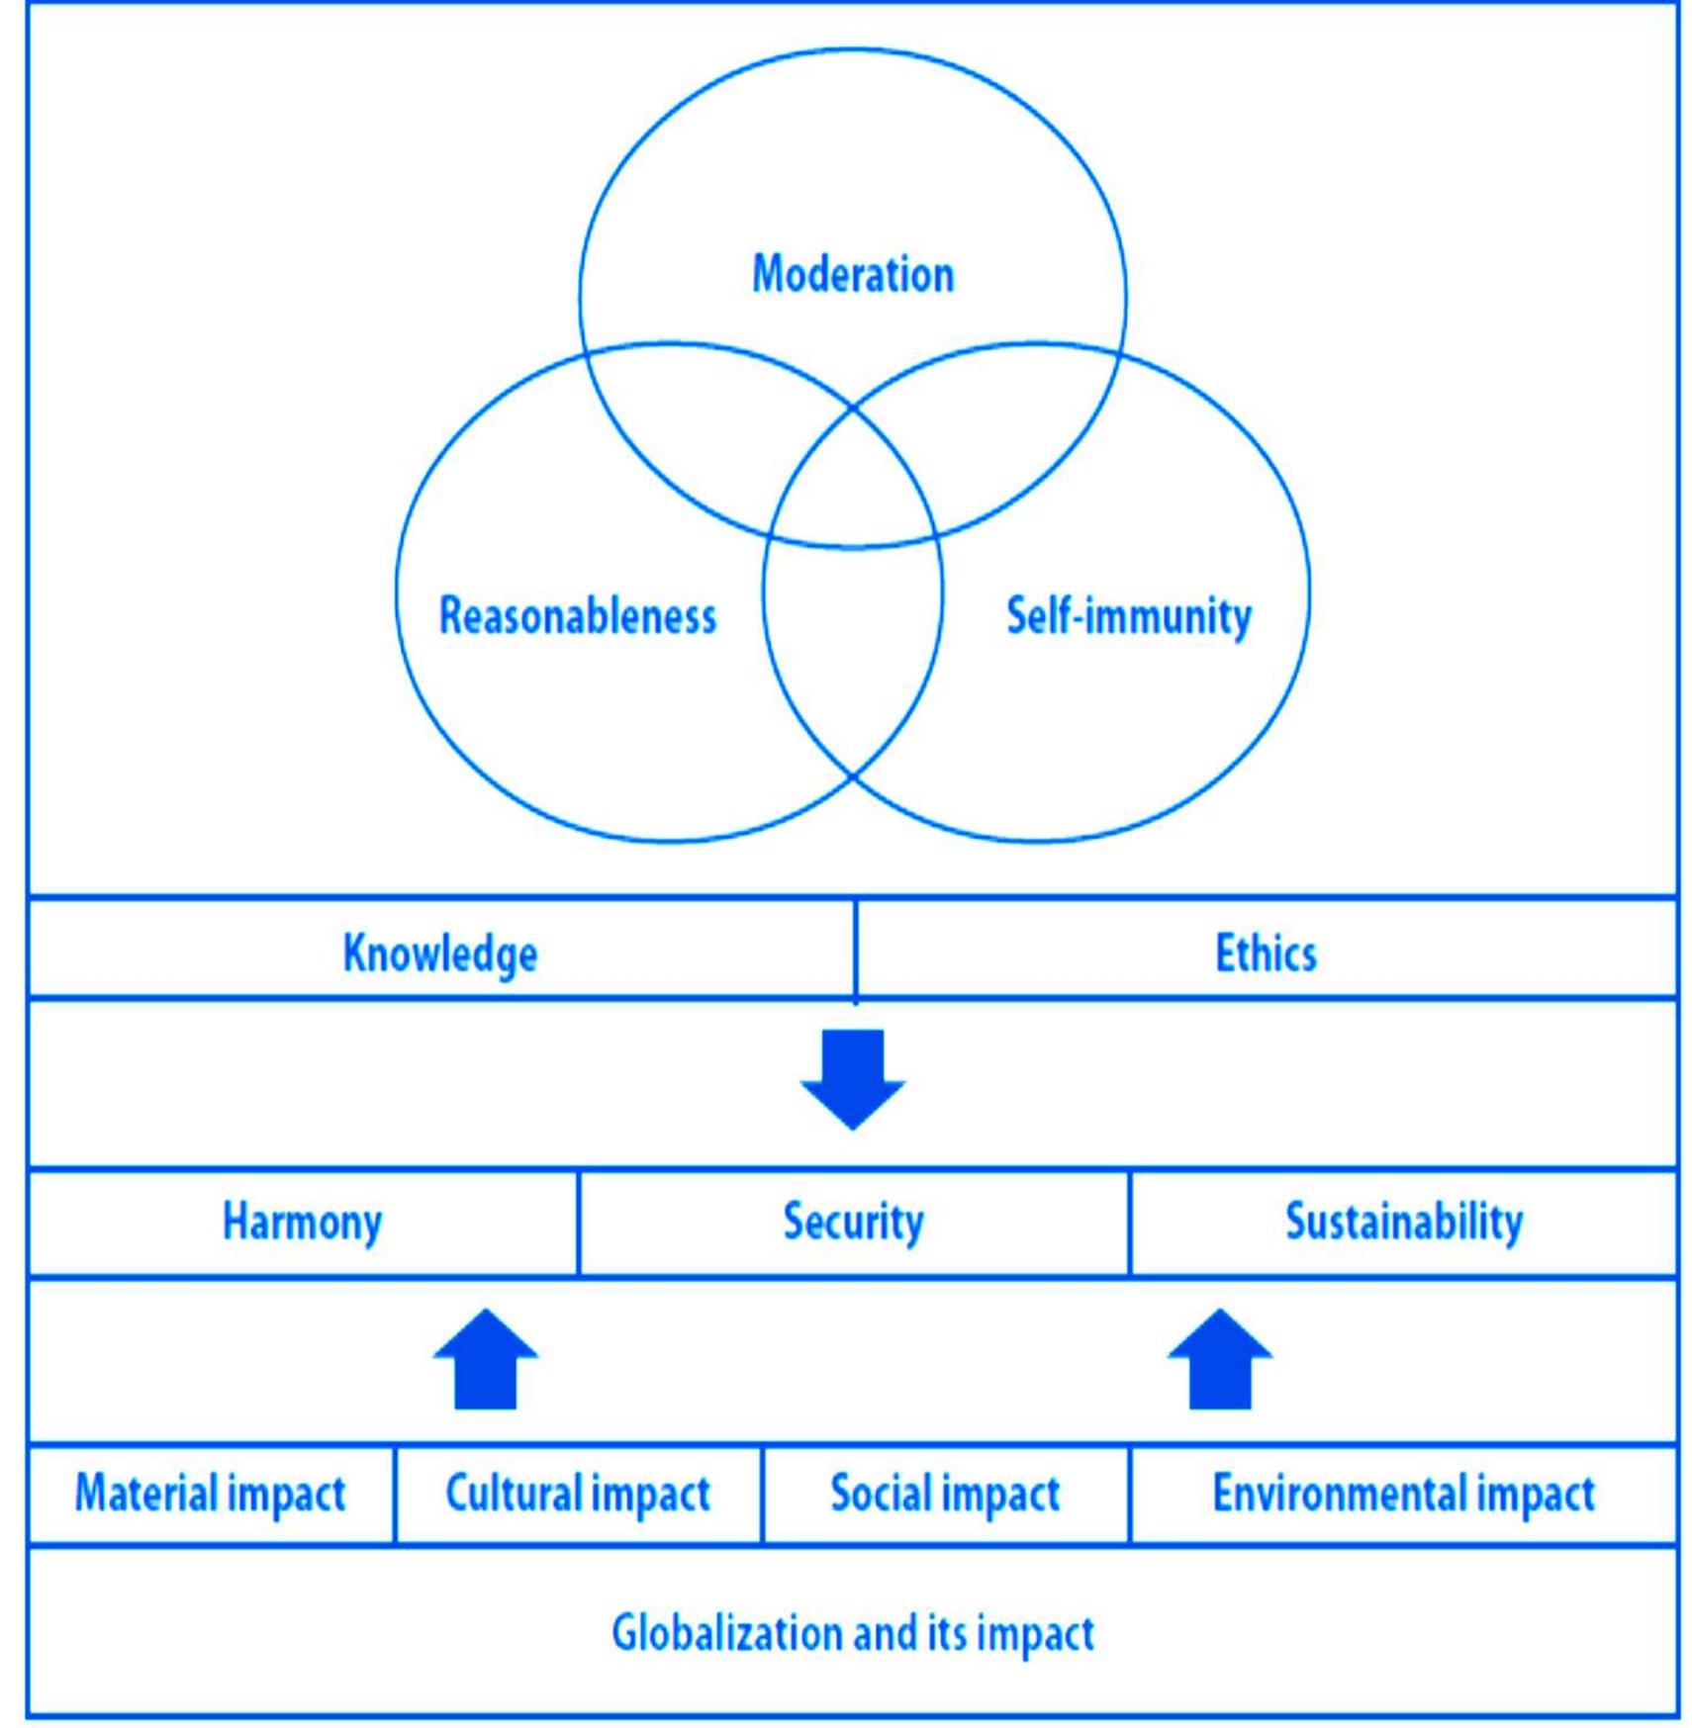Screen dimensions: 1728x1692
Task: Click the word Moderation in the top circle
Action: (x=853, y=274)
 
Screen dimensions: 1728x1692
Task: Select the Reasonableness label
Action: (x=577, y=615)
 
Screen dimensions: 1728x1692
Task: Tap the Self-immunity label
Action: (x=1128, y=615)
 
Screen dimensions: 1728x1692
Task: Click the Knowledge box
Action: (x=440, y=952)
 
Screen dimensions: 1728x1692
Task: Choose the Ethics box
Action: (x=1266, y=952)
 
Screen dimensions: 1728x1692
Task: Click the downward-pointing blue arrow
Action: (x=853, y=1078)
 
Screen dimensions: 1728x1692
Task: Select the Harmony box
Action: (x=302, y=1221)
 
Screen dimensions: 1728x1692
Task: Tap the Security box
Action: (x=853, y=1221)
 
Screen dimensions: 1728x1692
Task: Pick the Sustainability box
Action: (x=1403, y=1221)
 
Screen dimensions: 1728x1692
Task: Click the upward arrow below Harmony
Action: (x=486, y=1359)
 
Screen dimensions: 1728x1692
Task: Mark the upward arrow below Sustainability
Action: (x=1219, y=1359)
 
